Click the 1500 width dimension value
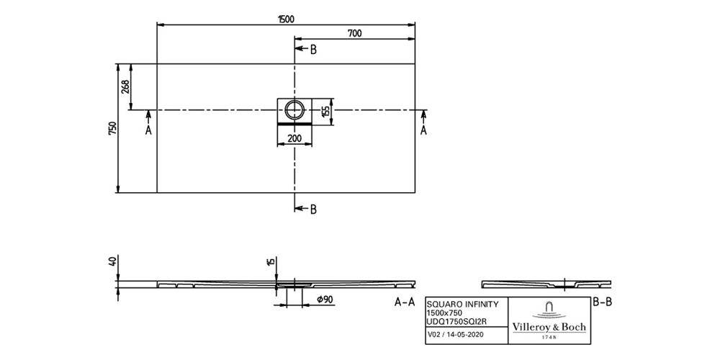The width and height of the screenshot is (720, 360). tap(285, 19)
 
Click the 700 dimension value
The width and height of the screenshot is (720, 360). tap(354, 33)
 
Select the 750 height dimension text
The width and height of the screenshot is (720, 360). tap(112, 128)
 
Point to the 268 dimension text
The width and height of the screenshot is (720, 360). tap(125, 87)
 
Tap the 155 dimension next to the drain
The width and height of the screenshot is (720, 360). tap(325, 110)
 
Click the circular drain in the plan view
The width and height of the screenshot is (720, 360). tap(294, 109)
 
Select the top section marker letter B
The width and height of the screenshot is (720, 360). tap(312, 50)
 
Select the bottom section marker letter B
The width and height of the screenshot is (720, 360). tap(312, 210)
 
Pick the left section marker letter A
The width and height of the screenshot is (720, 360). tap(148, 131)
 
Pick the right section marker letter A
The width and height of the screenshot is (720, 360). tap(423, 130)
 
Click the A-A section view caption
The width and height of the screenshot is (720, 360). tap(405, 302)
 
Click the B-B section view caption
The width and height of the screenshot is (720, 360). tap(601, 302)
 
